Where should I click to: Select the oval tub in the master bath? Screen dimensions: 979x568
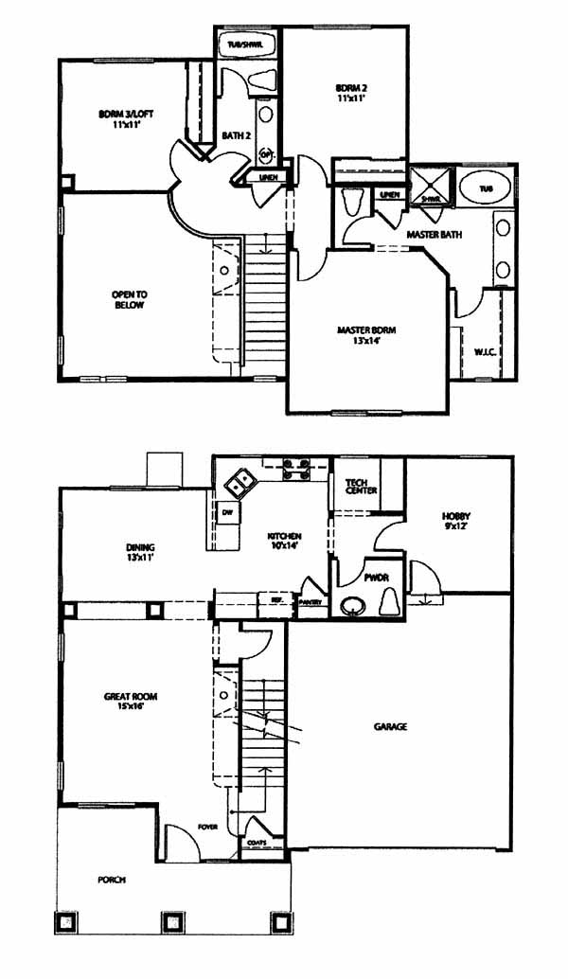click(x=486, y=188)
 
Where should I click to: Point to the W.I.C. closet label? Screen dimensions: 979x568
click(x=486, y=352)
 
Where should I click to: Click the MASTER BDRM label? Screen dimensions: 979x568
click(x=366, y=334)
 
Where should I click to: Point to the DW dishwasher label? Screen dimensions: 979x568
click(x=227, y=512)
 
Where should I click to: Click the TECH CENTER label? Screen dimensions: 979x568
click(x=361, y=486)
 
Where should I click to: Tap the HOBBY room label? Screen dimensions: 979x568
click(x=455, y=522)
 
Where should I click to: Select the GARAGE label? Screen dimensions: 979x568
click(x=390, y=727)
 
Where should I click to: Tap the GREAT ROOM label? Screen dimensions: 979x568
click(x=131, y=701)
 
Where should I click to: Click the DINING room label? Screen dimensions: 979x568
click(x=140, y=552)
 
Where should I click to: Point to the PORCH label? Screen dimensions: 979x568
click(x=112, y=879)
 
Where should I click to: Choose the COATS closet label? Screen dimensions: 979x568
click(x=257, y=842)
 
